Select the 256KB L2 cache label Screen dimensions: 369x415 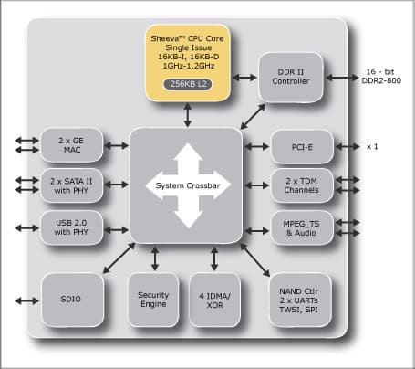click(x=187, y=84)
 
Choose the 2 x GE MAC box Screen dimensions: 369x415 click(x=70, y=145)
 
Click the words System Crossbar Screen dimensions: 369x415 click(x=186, y=185)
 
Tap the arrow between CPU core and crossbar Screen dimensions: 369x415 click(x=187, y=114)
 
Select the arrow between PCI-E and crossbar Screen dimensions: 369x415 click(x=256, y=146)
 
